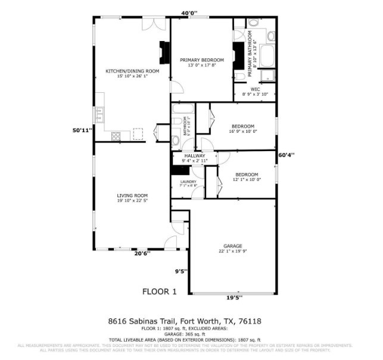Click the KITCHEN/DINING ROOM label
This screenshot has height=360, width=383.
click(132, 71)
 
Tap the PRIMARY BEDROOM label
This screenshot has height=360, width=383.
click(202, 60)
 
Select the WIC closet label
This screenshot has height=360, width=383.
click(255, 89)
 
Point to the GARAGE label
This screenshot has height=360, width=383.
click(232, 246)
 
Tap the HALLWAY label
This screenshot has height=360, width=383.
click(194, 156)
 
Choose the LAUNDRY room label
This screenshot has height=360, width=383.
click(188, 181)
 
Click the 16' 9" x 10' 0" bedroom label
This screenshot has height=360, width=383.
click(243, 126)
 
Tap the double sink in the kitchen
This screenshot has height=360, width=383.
click(98, 112)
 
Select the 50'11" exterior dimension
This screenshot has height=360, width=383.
click(82, 130)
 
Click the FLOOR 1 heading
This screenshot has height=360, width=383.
click(159, 292)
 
